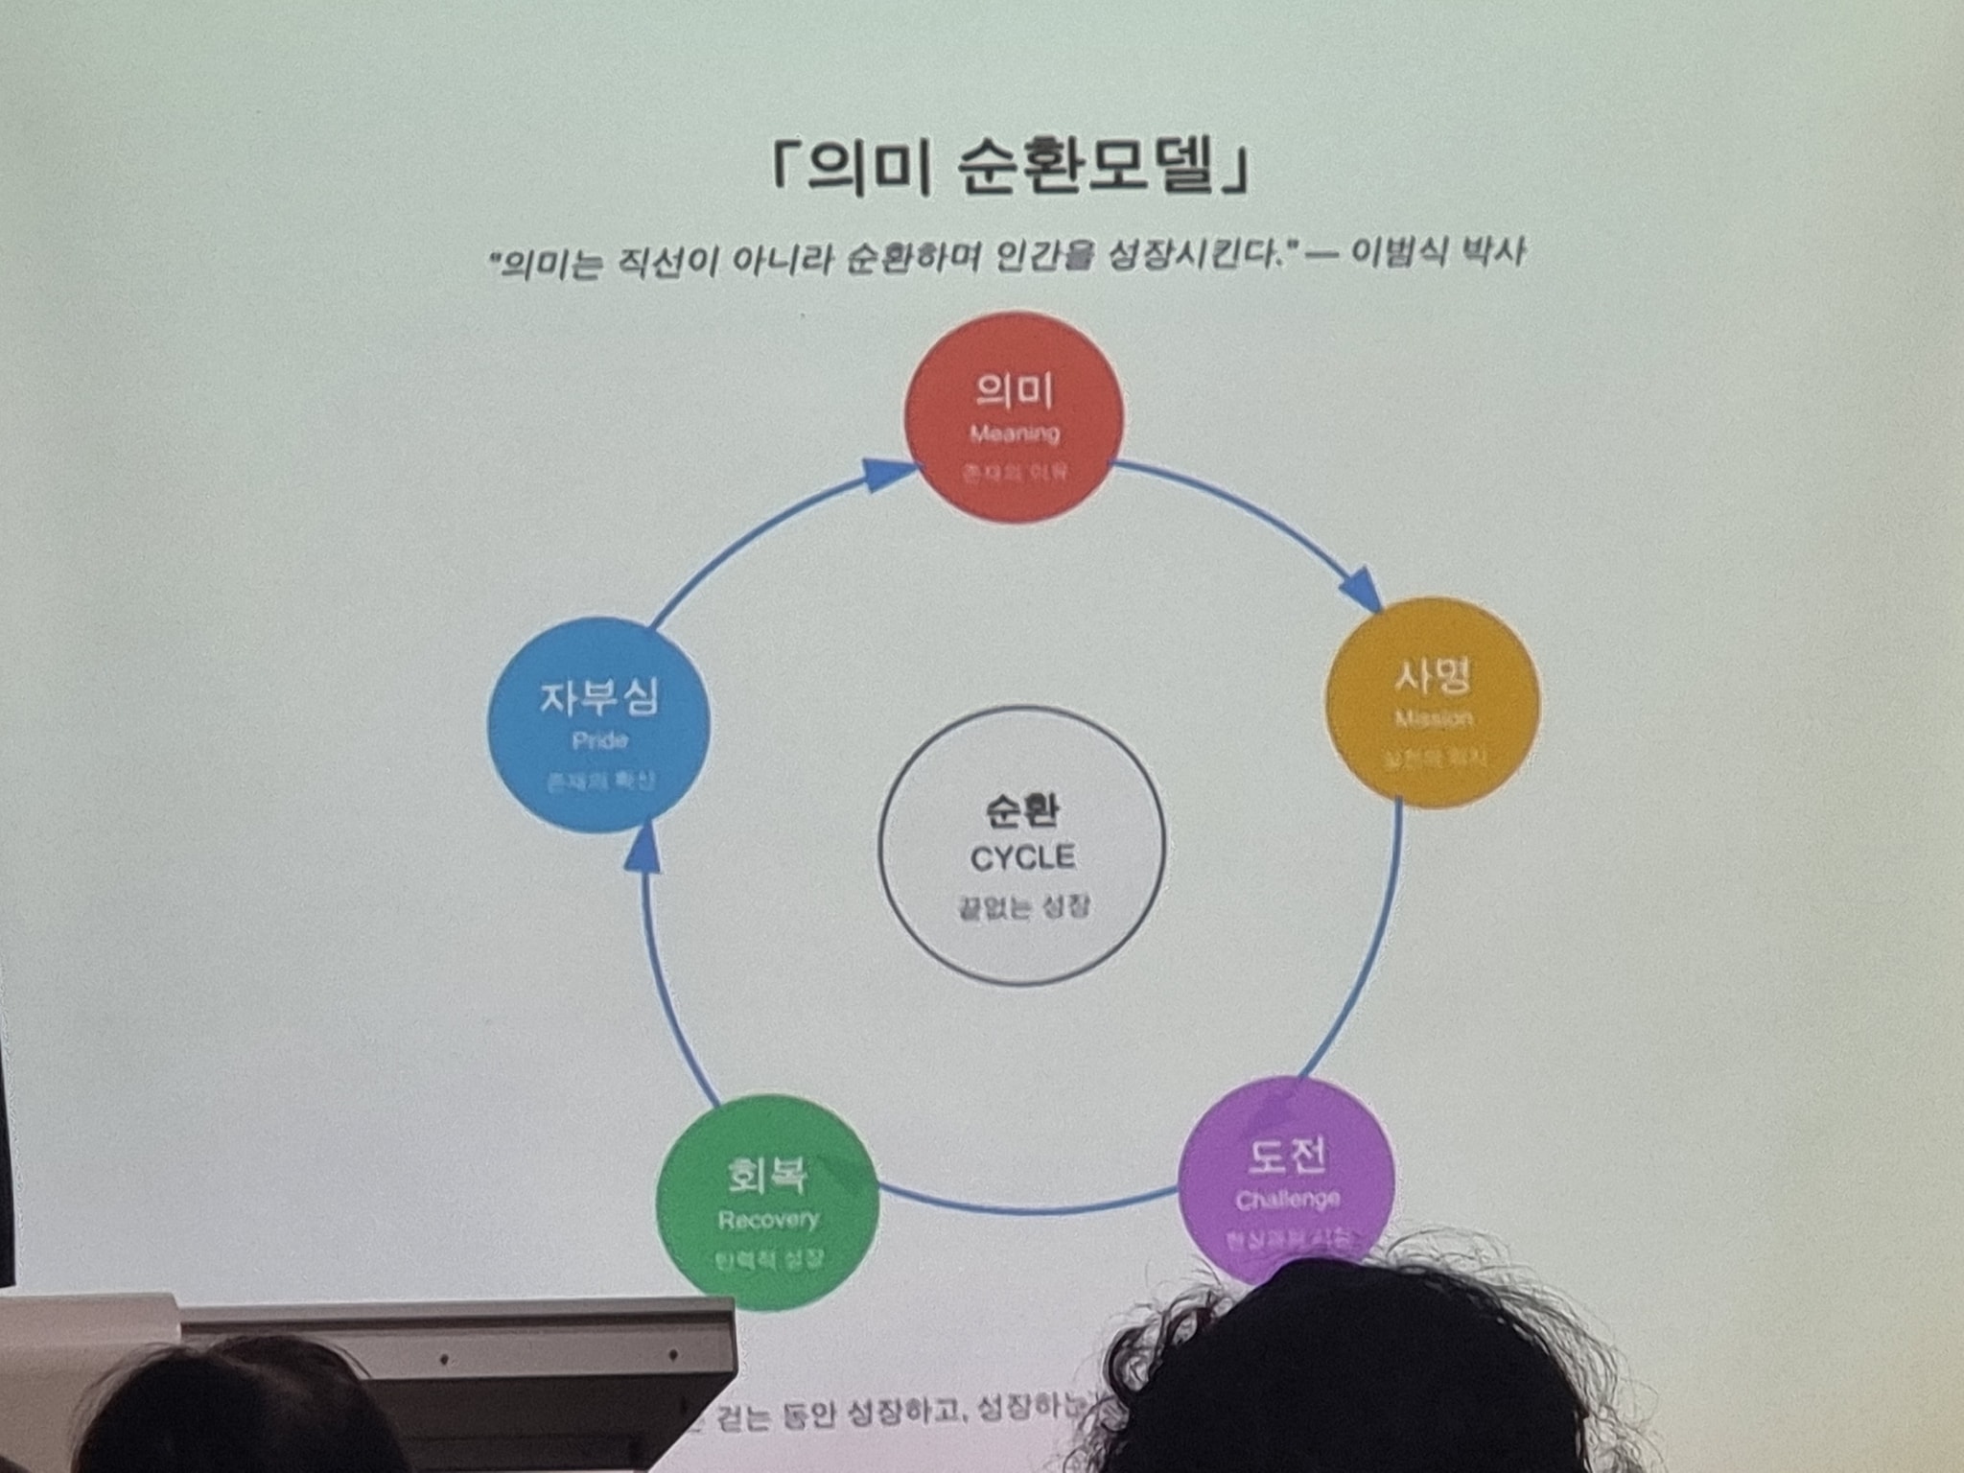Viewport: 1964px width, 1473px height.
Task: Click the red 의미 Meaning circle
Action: point(1014,417)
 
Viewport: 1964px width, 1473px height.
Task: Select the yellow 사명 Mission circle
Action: point(1433,703)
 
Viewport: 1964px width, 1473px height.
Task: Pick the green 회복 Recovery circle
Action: point(767,1203)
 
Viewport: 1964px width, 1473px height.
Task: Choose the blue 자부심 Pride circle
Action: point(599,724)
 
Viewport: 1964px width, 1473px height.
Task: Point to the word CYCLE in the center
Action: point(1022,857)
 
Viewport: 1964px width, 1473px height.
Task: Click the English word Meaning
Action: point(1015,434)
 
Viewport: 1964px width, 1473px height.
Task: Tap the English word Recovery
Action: point(768,1220)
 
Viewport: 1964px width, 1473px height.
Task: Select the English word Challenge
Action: point(1287,1200)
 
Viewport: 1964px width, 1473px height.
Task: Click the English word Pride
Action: point(599,740)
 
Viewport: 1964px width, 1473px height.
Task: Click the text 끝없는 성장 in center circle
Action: point(1022,906)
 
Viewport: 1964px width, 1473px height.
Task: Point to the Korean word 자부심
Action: point(599,696)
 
